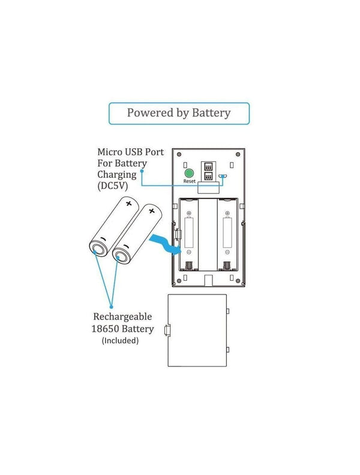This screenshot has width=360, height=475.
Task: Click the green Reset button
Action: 189,173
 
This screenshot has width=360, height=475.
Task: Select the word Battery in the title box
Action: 210,113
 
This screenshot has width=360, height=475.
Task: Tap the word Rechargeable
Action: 122,317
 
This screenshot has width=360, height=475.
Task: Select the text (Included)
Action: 120,341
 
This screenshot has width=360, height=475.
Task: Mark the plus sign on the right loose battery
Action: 151,211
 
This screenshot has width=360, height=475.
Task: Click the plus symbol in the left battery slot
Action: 188,213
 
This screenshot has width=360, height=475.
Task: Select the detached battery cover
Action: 197,329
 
